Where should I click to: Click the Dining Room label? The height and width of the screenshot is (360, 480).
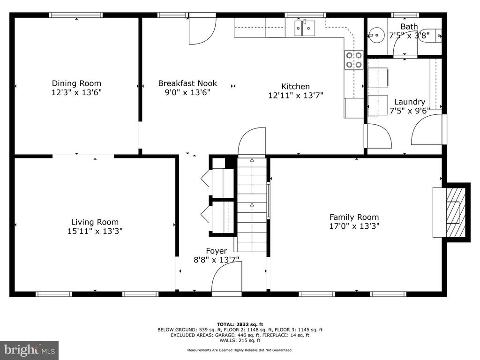pyautogui.click(x=76, y=83)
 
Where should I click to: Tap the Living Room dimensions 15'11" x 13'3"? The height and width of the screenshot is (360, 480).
pyautogui.click(x=95, y=231)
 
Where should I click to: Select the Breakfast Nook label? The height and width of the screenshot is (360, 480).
pyautogui.click(x=187, y=83)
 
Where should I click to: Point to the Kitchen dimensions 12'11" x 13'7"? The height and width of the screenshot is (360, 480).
pyautogui.click(x=296, y=96)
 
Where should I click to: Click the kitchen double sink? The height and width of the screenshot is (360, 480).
pyautogui.click(x=305, y=28)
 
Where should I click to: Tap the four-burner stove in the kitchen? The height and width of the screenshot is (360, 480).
pyautogui.click(x=354, y=60)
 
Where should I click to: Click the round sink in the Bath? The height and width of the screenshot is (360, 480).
pyautogui.click(x=376, y=35)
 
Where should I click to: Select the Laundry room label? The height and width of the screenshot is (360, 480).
pyautogui.click(x=410, y=102)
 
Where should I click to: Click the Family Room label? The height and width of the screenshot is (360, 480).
pyautogui.click(x=354, y=217)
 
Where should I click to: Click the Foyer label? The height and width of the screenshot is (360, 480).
pyautogui.click(x=217, y=251)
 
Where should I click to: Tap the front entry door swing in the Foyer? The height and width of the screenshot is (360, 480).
pyautogui.click(x=226, y=277)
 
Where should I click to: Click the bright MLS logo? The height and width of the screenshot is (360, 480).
pyautogui.click(x=30, y=349)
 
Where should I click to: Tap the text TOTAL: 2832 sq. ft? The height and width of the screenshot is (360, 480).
pyautogui.click(x=240, y=324)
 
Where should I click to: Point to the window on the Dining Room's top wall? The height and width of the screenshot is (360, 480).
pyautogui.click(x=75, y=15)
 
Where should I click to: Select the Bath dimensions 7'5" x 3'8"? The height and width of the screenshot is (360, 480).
pyautogui.click(x=409, y=36)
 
